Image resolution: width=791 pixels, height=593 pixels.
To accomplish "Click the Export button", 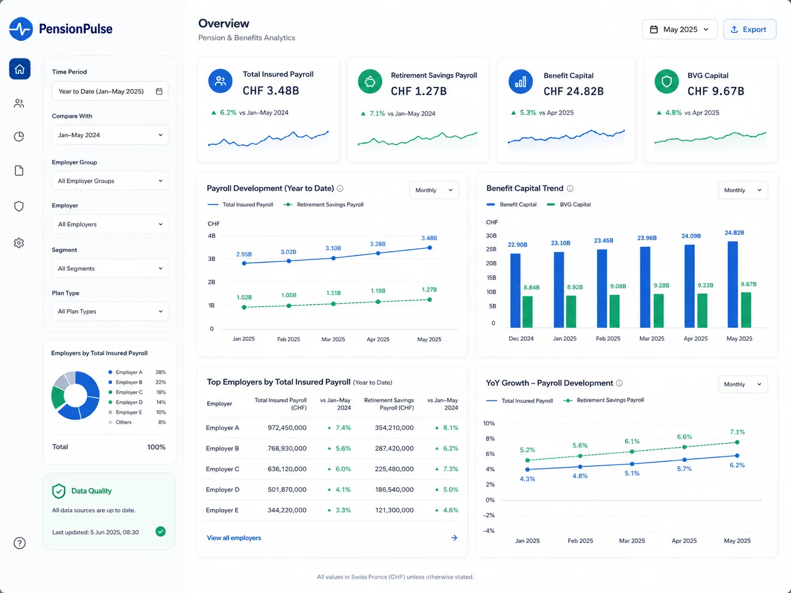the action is tap(749, 29).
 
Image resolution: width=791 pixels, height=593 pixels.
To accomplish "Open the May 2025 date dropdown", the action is tap(679, 29).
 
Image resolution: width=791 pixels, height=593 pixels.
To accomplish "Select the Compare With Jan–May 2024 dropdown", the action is tap(110, 135).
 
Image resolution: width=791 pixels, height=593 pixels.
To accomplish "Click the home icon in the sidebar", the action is tap(20, 69).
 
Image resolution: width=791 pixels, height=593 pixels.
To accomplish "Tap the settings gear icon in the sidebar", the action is tap(19, 243).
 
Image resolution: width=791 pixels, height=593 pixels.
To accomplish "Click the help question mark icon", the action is tap(20, 543).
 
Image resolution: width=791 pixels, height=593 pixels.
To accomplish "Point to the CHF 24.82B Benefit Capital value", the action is tap(574, 91).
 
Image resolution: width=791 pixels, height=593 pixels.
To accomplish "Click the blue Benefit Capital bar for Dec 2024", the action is tap(515, 290).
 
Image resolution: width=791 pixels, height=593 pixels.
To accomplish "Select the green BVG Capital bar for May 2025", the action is tap(746, 310).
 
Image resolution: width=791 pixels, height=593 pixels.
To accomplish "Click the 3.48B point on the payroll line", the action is tap(429, 248).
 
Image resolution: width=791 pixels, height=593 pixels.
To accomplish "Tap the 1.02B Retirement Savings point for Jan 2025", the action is tap(244, 307).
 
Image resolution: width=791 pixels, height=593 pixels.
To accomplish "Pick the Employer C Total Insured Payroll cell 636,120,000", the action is tap(287, 469).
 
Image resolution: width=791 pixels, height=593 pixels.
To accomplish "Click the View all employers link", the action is tap(234, 538).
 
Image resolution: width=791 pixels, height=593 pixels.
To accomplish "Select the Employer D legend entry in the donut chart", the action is tap(129, 402).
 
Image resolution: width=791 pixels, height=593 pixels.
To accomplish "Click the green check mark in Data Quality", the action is tap(161, 531).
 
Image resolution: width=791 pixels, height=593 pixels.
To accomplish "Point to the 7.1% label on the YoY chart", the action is tap(737, 432).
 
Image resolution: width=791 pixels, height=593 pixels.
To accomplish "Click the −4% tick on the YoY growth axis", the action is tap(489, 531).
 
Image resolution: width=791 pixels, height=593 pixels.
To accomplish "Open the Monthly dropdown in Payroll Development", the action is tap(434, 190).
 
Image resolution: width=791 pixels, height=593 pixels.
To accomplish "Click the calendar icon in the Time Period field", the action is tap(159, 91).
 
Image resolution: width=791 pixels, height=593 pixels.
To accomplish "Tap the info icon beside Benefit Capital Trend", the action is tap(570, 188).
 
